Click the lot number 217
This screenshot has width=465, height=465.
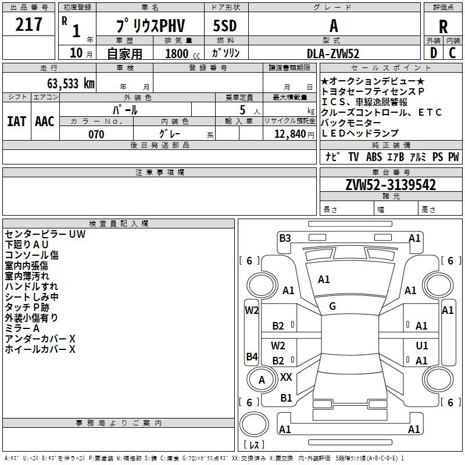click(x=28, y=24)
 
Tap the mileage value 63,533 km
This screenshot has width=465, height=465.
click(x=71, y=84)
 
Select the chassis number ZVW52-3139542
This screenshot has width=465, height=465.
click(x=391, y=185)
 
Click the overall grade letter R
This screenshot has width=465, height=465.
click(x=443, y=26)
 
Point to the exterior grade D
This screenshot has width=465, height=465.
click(x=434, y=53)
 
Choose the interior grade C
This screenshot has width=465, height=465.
click(x=452, y=53)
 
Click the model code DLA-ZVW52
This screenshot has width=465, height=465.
click(x=332, y=53)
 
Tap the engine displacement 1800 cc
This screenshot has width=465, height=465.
click(x=183, y=53)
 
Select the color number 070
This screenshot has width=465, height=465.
click(x=96, y=134)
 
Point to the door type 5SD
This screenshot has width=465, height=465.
click(x=225, y=26)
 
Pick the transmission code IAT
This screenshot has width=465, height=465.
click(x=16, y=121)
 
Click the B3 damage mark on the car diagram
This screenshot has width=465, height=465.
click(x=285, y=238)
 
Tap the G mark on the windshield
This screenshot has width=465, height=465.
click(x=332, y=306)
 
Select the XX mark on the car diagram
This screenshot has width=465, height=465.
click(x=286, y=377)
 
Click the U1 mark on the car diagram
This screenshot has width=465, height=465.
click(x=422, y=346)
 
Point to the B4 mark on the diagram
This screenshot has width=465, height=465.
click(x=252, y=356)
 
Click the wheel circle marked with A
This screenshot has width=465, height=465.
click(x=261, y=380)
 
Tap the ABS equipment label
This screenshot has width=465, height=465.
click(x=374, y=156)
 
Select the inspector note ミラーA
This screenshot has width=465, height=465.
click(x=22, y=328)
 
